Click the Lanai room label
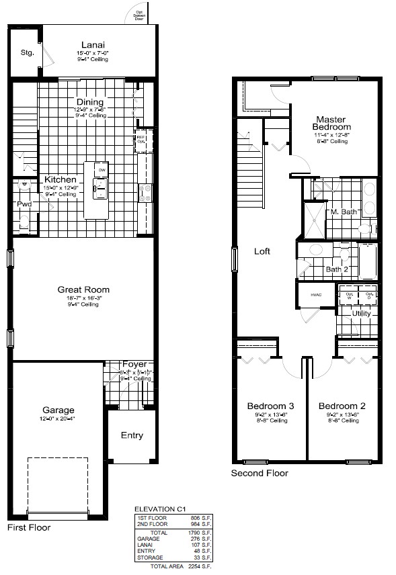point(91,45)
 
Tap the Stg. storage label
point(27,52)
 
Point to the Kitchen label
point(61,179)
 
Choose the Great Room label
point(83,290)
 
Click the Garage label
point(58,410)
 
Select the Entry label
point(132,435)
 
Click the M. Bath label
point(343,212)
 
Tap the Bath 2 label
point(338,269)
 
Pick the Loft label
point(262,251)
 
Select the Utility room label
point(363,313)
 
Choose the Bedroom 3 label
point(270,406)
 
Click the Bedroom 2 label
point(342,406)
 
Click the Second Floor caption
point(260,473)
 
